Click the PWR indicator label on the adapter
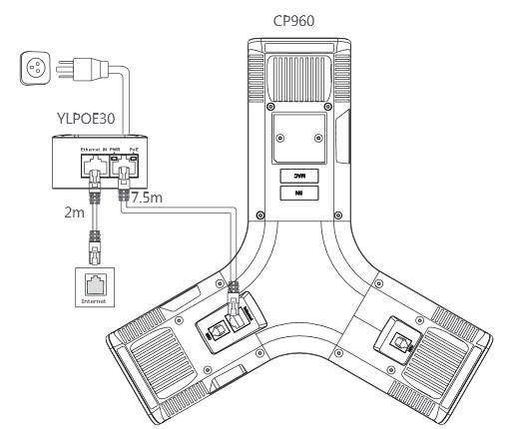(114, 147)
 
